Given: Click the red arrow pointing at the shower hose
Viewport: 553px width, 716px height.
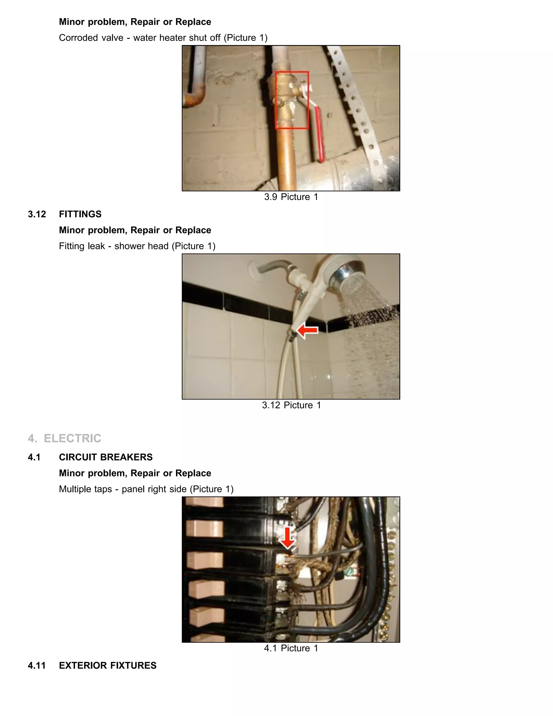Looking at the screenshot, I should point(307,330).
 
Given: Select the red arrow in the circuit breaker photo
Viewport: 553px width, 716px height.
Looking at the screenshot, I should point(287,538).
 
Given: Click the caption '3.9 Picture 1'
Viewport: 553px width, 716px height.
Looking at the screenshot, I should point(291,197).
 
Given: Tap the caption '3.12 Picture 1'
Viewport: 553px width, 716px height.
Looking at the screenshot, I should point(291,405).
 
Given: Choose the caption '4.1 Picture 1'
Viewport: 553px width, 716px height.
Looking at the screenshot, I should point(291,648).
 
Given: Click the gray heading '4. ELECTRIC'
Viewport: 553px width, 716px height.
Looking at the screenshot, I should point(65,438).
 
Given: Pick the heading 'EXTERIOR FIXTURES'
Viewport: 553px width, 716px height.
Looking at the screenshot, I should point(107,665).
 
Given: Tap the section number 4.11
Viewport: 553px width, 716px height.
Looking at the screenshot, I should point(37,665).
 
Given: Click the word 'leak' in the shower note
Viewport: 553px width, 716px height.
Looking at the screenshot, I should point(96,246).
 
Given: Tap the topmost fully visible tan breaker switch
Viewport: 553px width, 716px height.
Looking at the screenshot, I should point(204,529).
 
